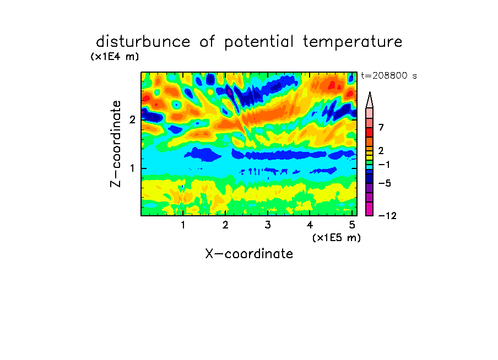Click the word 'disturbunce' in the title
pos(143,42)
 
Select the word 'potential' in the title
pos(259,42)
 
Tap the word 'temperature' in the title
pos(353,42)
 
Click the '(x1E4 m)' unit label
pos(115,57)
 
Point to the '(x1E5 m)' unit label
pos(337,238)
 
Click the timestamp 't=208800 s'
pos(389,76)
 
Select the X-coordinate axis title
pos(249,254)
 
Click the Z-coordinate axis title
pos(116,144)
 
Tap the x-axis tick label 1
pos(183,225)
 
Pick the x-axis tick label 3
pos(268,225)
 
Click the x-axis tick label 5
pos(352,225)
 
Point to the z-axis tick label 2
pos(132,119)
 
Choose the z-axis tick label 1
pos(132,168)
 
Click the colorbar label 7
pos(381,128)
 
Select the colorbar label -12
pos(387,216)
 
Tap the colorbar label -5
pos(385,183)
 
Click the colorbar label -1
pos(384,165)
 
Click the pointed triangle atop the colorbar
pos(370,100)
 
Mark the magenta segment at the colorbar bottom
pos(370,209)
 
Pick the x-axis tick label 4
pos(310,225)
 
